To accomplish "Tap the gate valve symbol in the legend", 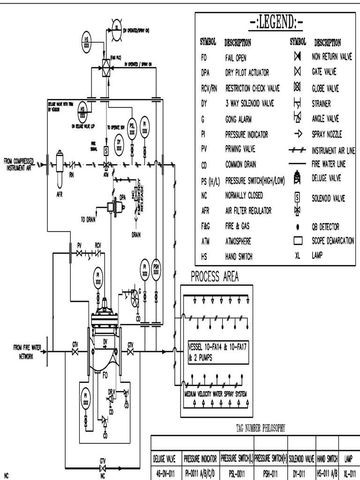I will coord(297,72).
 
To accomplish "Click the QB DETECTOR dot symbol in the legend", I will coord(297,226).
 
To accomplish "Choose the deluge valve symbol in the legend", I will coord(297,178).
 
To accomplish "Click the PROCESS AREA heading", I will coord(214,277).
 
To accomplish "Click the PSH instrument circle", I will coord(156,269).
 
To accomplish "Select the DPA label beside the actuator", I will coord(123,197).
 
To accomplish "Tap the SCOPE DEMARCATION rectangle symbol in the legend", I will coord(297,241).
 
